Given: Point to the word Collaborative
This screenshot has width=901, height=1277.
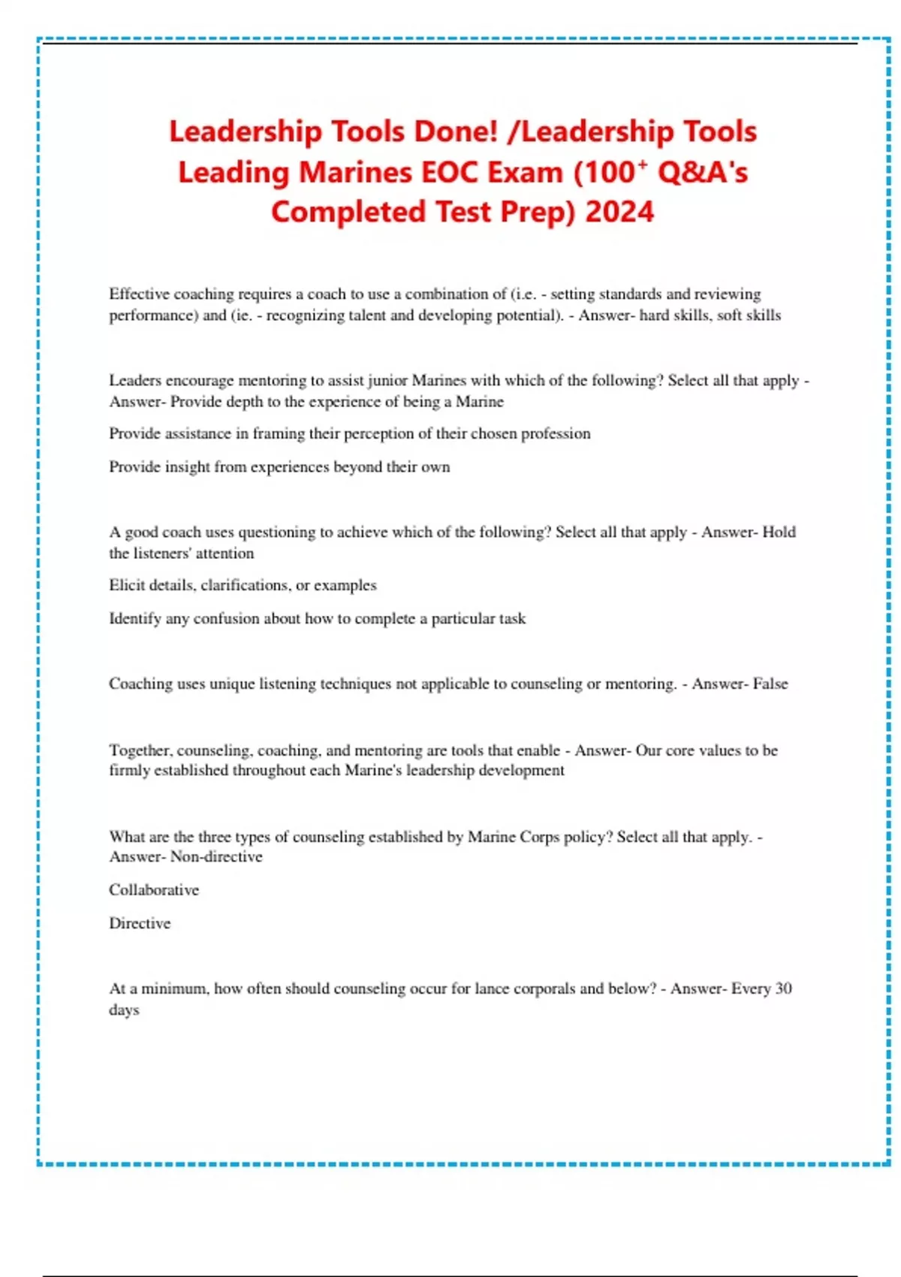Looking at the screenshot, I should point(154,890).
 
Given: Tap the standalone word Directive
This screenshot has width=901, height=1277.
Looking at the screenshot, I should point(140,923).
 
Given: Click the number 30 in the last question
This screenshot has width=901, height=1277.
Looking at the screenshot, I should point(783,989).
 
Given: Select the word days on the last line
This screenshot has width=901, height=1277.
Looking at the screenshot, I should point(124,1010).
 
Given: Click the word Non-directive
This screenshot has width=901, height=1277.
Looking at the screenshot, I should point(216,857).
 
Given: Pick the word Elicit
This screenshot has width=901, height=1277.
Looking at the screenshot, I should point(128,585).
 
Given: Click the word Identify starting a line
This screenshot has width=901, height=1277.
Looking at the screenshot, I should point(135,618).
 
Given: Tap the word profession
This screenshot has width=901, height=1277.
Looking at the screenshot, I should point(556,433).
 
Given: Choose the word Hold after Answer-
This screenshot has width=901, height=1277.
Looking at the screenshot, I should point(779,532).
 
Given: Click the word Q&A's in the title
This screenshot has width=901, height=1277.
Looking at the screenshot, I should point(703,172).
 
